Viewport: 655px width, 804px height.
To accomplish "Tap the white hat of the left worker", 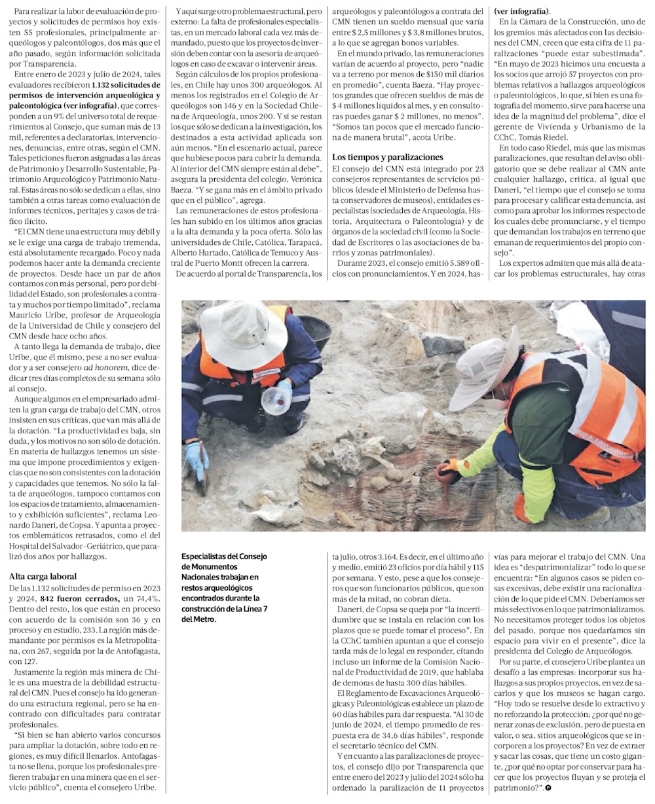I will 244,333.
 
